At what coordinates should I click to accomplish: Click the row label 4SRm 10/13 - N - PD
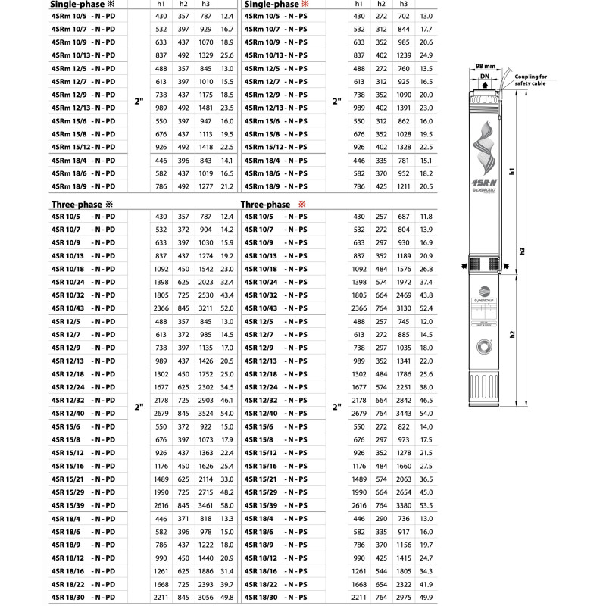pyautogui.click(x=83, y=55)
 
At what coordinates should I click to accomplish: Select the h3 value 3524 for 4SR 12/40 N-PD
pyautogui.click(x=205, y=413)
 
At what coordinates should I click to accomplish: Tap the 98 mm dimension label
pyautogui.click(x=485, y=66)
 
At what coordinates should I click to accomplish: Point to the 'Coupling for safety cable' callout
pyautogui.click(x=531, y=80)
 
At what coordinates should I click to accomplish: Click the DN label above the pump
pyautogui.click(x=485, y=77)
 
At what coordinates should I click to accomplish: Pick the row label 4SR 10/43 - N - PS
pyautogui.click(x=276, y=308)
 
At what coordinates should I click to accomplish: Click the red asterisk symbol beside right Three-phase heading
pyautogui.click(x=301, y=204)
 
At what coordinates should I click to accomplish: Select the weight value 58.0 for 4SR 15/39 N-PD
pyautogui.click(x=226, y=505)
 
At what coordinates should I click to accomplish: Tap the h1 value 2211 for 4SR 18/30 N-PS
pyautogui.click(x=358, y=597)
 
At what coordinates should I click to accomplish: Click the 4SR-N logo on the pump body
pyautogui.click(x=484, y=183)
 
